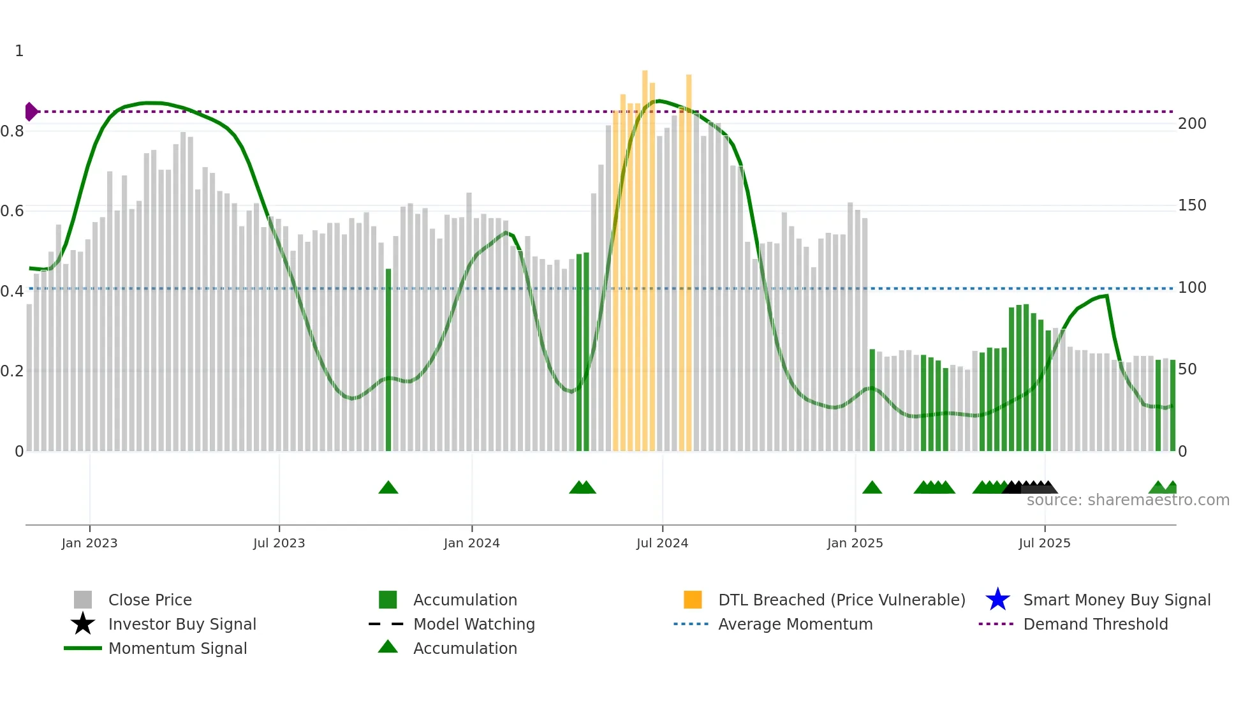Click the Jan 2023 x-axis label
89,543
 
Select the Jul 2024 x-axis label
662,543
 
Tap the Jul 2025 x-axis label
1044,543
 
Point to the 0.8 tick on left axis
12,131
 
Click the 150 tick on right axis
1191,205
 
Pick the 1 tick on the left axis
19,51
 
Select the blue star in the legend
997,600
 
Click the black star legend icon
83,624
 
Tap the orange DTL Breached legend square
693,600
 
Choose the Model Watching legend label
474,624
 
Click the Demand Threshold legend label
1095,624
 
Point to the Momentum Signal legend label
177,648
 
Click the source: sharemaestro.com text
1128,500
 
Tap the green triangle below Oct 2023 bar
388,488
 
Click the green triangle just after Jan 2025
872,488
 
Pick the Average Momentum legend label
795,624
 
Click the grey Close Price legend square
83,600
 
